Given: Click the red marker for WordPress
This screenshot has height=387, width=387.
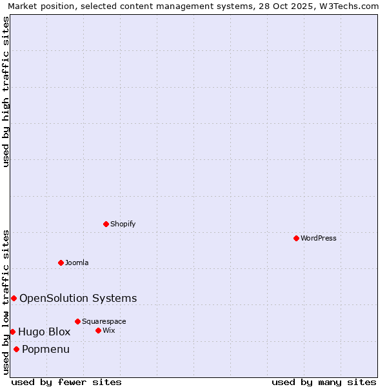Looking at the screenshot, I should (x=296, y=238).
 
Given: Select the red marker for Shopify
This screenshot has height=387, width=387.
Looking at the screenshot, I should (x=106, y=224).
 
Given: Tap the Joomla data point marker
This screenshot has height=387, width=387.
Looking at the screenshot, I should (x=61, y=263).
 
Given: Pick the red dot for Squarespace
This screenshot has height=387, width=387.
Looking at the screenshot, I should (x=77, y=321).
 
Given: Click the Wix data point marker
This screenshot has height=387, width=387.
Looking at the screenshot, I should (x=98, y=330).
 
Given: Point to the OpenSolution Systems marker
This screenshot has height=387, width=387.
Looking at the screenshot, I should (x=14, y=298).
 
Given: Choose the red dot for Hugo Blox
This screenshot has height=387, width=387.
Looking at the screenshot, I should (x=12, y=332).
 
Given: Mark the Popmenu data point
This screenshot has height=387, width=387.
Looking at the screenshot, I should (x=16, y=349).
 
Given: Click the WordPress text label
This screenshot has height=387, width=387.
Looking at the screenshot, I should (x=319, y=238).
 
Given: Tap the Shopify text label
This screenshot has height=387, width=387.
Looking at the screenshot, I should (x=123, y=224).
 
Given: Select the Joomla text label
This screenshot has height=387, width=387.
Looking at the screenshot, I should (x=77, y=263).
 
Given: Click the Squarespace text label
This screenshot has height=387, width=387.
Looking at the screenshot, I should (x=104, y=321).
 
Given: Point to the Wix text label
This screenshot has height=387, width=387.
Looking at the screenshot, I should (x=108, y=330).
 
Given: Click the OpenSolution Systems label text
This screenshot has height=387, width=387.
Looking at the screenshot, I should (x=78, y=298).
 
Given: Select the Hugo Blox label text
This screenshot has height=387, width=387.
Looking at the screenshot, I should (x=45, y=332).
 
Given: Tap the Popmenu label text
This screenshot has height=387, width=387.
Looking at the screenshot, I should (x=46, y=349).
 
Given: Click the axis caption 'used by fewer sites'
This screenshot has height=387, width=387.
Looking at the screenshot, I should (x=66, y=382).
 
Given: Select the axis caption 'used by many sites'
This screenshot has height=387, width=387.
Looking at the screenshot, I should (x=324, y=382).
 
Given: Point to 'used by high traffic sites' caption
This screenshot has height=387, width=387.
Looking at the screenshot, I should (x=6, y=92).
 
